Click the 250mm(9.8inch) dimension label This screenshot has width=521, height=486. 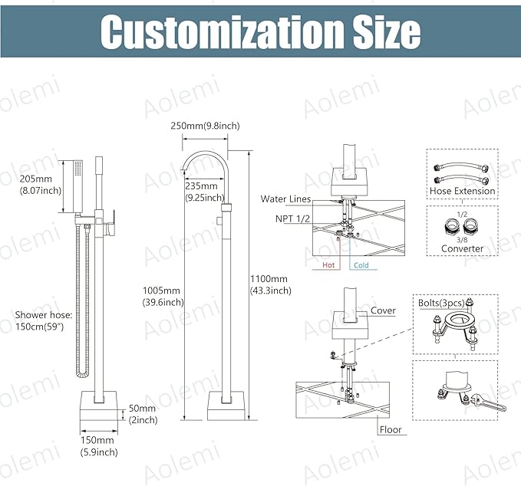coord(205,126)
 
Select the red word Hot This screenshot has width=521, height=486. coord(328,265)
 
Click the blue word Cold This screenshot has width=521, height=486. coord(361,265)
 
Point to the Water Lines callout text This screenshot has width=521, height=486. coord(285,199)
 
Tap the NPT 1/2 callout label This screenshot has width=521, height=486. coord(292,218)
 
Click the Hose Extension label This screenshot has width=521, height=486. coord(462,191)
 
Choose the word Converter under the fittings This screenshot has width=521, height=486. coord(462,248)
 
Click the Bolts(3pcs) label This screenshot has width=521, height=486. coord(441,303)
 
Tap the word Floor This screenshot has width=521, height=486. coord(391,429)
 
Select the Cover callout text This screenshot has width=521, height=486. coord(383,310)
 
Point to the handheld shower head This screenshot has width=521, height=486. coord(77,186)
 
